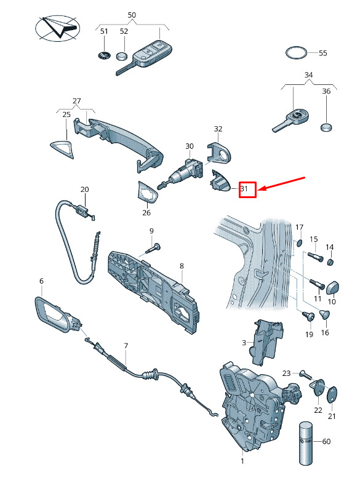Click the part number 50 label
coord(132,15)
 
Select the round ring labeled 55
coord(296,47)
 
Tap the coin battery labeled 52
coord(122,57)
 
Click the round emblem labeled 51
coord(104,55)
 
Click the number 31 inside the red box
coord(244,188)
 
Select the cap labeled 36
coord(326,127)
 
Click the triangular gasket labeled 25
coord(62,149)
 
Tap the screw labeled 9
coord(153,249)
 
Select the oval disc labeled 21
coord(332,394)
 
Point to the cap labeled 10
coord(332,289)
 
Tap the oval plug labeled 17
coord(299,244)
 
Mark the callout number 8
coord(182,266)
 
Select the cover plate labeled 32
coord(219,153)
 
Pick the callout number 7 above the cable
coord(126,346)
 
